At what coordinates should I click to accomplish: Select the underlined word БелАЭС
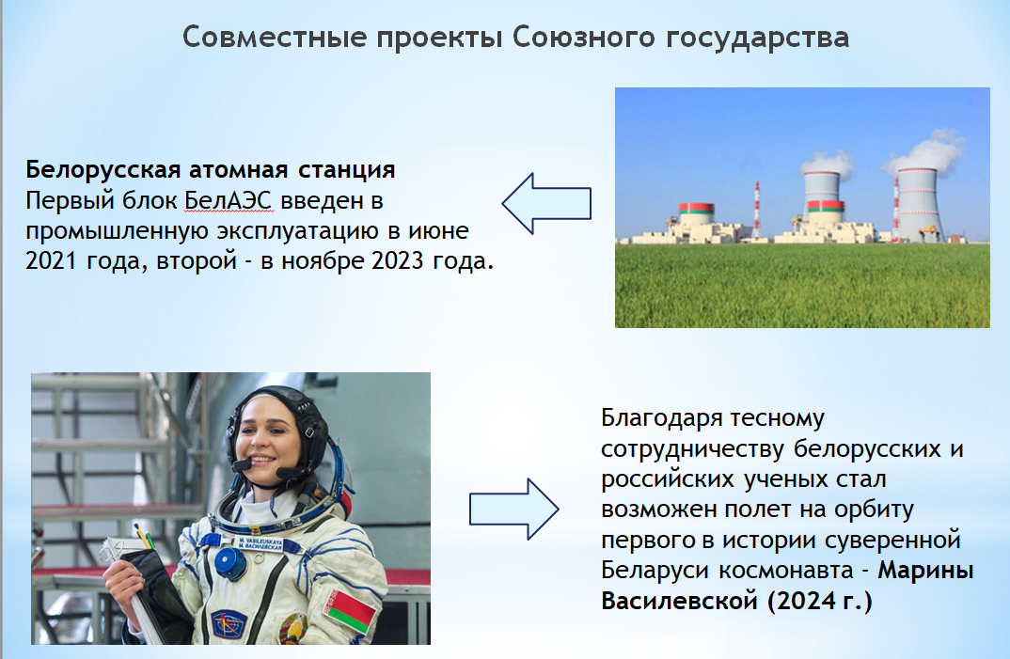pos(228,201)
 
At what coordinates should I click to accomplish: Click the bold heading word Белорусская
pos(103,170)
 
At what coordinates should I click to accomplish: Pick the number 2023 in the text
pos(398,261)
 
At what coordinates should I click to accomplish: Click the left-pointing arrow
pos(546,204)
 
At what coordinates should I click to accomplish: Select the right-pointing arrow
pos(514,509)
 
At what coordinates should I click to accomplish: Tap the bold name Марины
pos(925,570)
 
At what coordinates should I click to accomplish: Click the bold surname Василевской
pos(679,601)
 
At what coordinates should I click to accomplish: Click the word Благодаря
pos(661,419)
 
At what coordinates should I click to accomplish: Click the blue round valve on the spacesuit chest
pos(230,562)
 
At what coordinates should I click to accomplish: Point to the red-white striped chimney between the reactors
pos(757,210)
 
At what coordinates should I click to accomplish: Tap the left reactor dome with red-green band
pos(696,212)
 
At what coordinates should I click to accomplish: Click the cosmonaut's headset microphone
pos(243,465)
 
